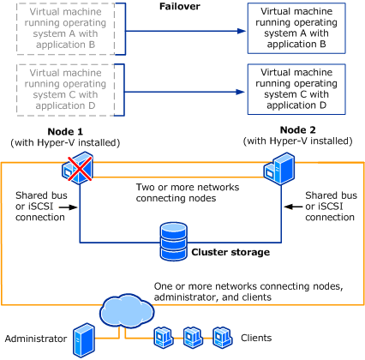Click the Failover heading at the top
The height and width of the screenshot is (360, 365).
point(180,6)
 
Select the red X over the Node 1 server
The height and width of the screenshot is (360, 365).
point(80,169)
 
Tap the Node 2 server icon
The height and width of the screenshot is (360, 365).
point(278,169)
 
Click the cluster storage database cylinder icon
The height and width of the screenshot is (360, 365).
point(174,242)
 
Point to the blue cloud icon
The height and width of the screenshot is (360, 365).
point(127,310)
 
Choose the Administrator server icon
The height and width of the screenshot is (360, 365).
point(84,340)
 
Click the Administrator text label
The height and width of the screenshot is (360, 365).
point(36,339)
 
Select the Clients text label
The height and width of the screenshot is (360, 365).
point(256,338)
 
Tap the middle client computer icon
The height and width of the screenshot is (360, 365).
point(193,338)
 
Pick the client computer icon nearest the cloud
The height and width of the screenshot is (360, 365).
point(164,338)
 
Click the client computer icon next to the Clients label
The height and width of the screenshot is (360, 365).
point(223,338)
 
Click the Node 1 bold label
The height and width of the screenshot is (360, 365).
point(65,132)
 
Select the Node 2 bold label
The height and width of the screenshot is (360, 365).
point(298,130)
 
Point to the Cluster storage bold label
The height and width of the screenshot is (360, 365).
point(230,252)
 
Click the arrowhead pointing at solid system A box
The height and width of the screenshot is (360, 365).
point(242,31)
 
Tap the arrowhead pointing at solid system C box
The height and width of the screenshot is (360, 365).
point(241,92)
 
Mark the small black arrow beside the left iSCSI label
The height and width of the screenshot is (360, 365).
point(69,207)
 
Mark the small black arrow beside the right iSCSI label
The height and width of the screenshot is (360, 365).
point(293,207)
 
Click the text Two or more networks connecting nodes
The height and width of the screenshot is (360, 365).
point(188,193)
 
